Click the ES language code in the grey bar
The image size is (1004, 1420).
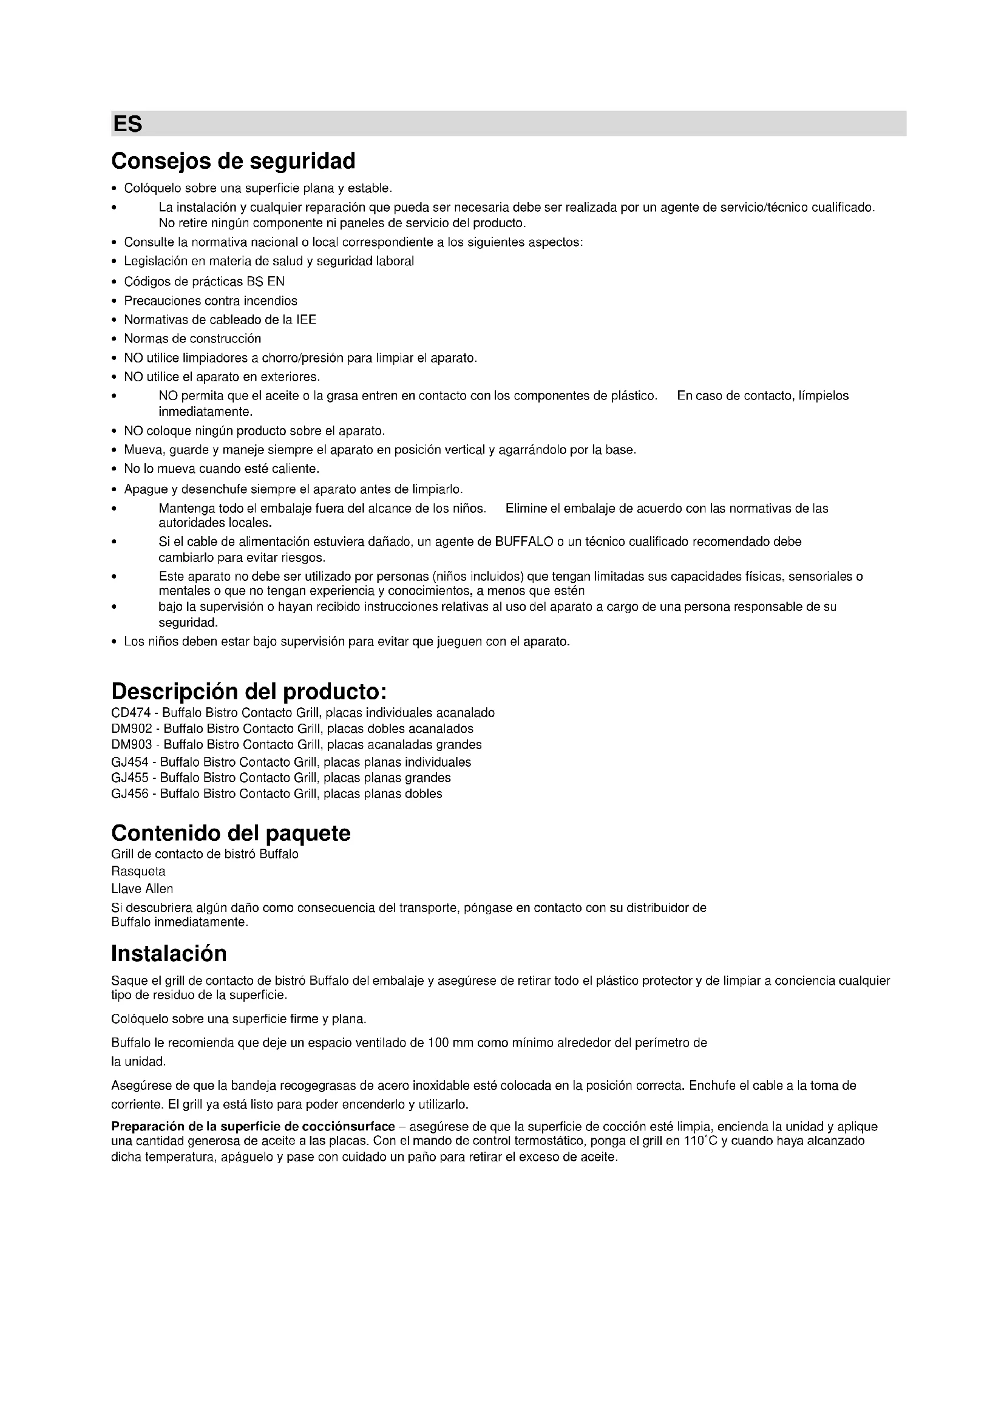(127, 124)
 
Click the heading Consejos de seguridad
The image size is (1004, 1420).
(233, 161)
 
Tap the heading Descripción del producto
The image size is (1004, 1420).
(248, 690)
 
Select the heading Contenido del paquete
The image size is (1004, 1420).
(231, 833)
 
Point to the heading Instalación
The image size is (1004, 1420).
(169, 953)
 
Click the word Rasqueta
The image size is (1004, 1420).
(138, 871)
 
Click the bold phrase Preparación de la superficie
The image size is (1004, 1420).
(210, 1126)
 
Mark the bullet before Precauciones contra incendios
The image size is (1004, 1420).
(114, 301)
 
